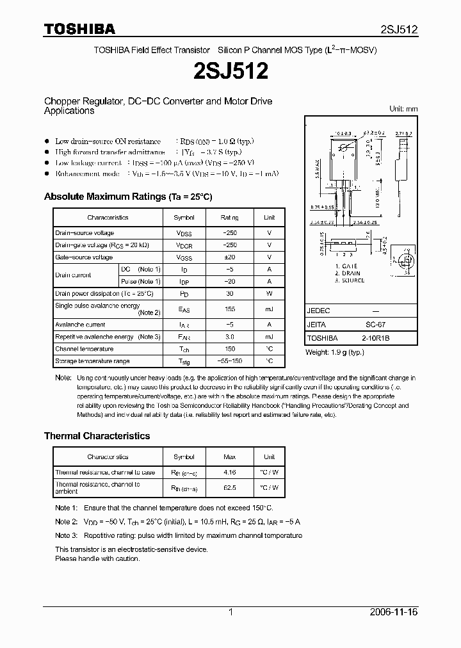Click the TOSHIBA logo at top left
[x=79, y=28]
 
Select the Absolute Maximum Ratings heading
[x=127, y=197]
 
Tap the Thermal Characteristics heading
[x=97, y=435]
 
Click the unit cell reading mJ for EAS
[x=269, y=309]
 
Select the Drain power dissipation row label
[x=104, y=293]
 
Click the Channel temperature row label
[x=85, y=349]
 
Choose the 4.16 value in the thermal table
[x=229, y=473]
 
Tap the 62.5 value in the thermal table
[x=229, y=487]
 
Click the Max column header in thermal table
[x=229, y=457]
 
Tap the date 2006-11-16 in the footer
[x=394, y=612]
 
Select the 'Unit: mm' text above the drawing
[x=403, y=109]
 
